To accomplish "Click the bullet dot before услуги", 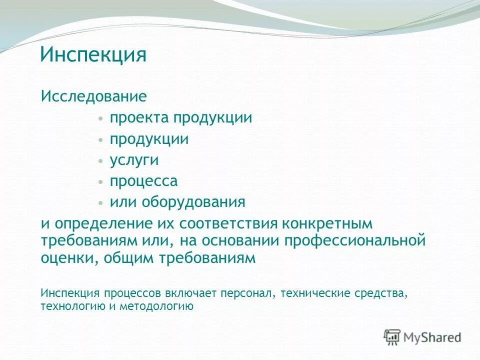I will (x=101, y=160).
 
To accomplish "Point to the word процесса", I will (x=144, y=181).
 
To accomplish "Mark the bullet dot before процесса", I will (x=101, y=181).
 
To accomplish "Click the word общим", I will (x=125, y=258).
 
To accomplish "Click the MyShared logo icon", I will (x=392, y=337).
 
